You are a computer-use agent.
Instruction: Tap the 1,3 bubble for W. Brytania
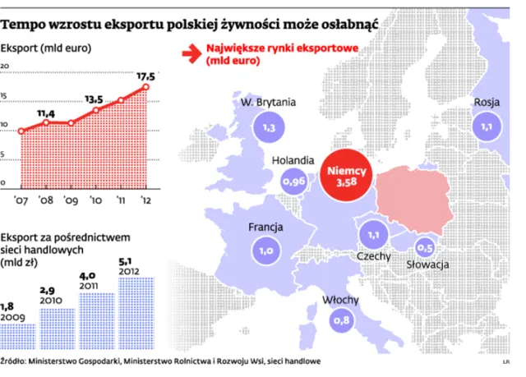268,129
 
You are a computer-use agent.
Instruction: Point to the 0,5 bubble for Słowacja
426,247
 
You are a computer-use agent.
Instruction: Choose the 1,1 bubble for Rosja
487,128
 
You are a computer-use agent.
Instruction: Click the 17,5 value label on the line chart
148,74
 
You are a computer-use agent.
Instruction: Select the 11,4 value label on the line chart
47,112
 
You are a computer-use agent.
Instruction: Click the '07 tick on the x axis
21,198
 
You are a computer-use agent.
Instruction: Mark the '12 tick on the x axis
145,198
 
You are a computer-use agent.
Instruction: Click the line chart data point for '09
71,123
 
